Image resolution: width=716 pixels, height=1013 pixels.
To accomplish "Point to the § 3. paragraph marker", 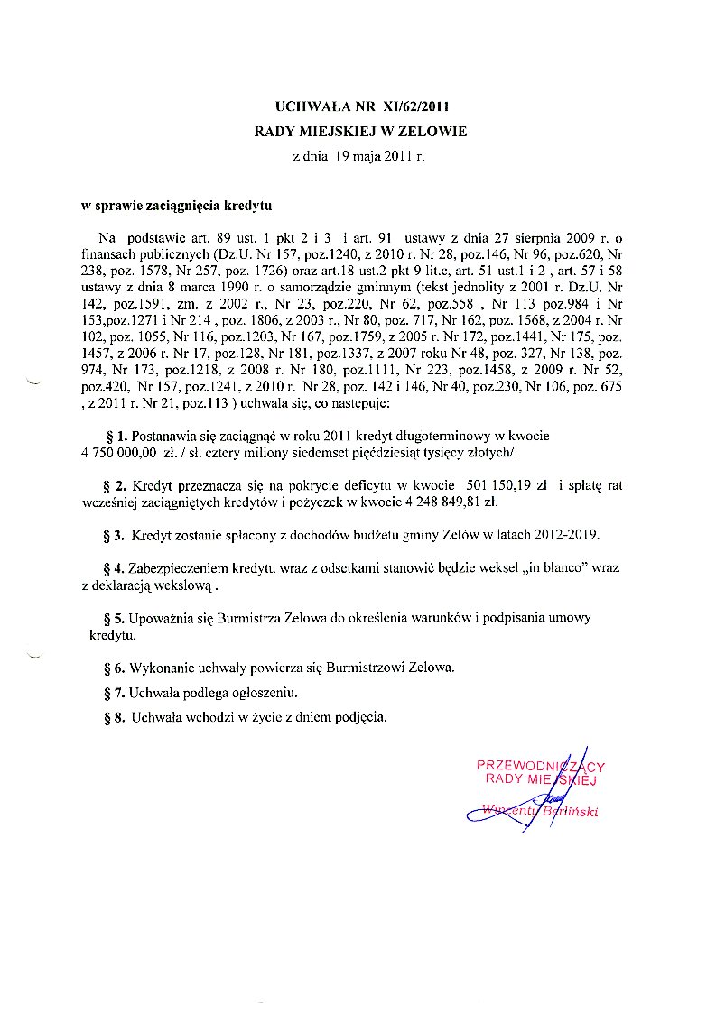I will (x=115, y=535).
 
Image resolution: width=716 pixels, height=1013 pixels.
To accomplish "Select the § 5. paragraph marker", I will (x=115, y=618).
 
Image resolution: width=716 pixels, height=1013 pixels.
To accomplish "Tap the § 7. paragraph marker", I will (x=115, y=693).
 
